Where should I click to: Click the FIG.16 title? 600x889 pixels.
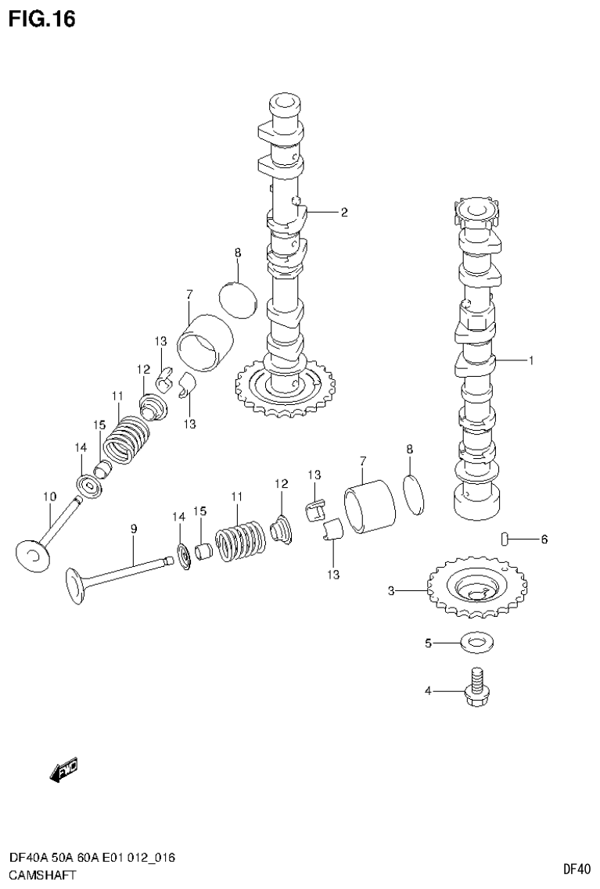[42, 19]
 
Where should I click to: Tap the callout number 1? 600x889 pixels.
[531, 360]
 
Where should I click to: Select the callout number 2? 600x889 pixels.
[343, 212]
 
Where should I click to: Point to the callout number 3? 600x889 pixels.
[391, 591]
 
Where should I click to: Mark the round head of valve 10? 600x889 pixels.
[34, 556]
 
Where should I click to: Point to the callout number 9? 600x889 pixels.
[134, 529]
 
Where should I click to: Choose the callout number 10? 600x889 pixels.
[49, 496]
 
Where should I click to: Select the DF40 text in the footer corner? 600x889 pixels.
[577, 868]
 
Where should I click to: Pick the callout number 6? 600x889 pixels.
[544, 539]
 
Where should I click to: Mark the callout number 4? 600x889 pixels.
[428, 690]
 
